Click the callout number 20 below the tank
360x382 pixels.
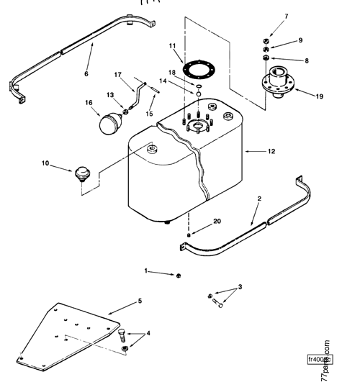(x=197, y=222)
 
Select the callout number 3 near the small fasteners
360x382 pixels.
(x=239, y=287)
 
